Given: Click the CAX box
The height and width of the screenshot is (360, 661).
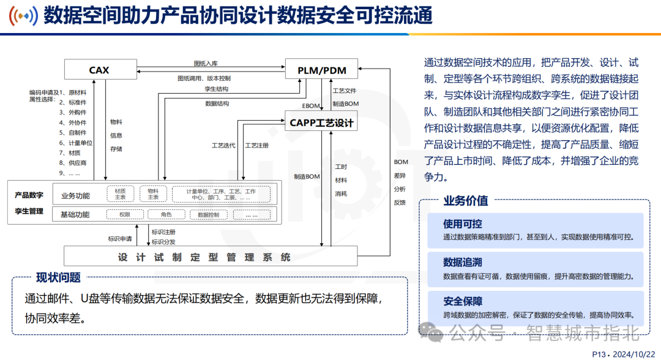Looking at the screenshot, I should click(x=99, y=70).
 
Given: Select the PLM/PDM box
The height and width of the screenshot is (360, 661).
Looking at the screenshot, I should click(x=322, y=70).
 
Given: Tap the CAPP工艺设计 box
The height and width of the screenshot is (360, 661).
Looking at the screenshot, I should click(x=322, y=123).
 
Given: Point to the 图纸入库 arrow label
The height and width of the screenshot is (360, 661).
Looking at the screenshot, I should click(x=206, y=63).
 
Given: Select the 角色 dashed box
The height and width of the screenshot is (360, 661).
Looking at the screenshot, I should click(x=166, y=215).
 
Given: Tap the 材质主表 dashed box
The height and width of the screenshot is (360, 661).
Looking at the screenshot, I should click(x=120, y=194).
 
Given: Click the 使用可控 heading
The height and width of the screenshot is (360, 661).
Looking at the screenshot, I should click(x=463, y=225).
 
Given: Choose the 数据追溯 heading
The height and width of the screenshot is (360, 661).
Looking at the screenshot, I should click(x=463, y=263).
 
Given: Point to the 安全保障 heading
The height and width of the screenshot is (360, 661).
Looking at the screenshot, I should click(x=463, y=301).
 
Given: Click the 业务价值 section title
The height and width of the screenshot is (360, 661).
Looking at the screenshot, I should click(x=465, y=201).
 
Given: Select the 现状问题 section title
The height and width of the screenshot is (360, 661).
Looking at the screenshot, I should click(x=58, y=277).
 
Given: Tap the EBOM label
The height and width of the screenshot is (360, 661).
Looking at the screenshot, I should click(x=311, y=105).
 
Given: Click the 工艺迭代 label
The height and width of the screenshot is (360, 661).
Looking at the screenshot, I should click(x=223, y=146).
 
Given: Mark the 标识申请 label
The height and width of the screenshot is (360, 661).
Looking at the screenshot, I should click(x=119, y=239).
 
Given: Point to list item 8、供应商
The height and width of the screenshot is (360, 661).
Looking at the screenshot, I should click(x=73, y=163).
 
